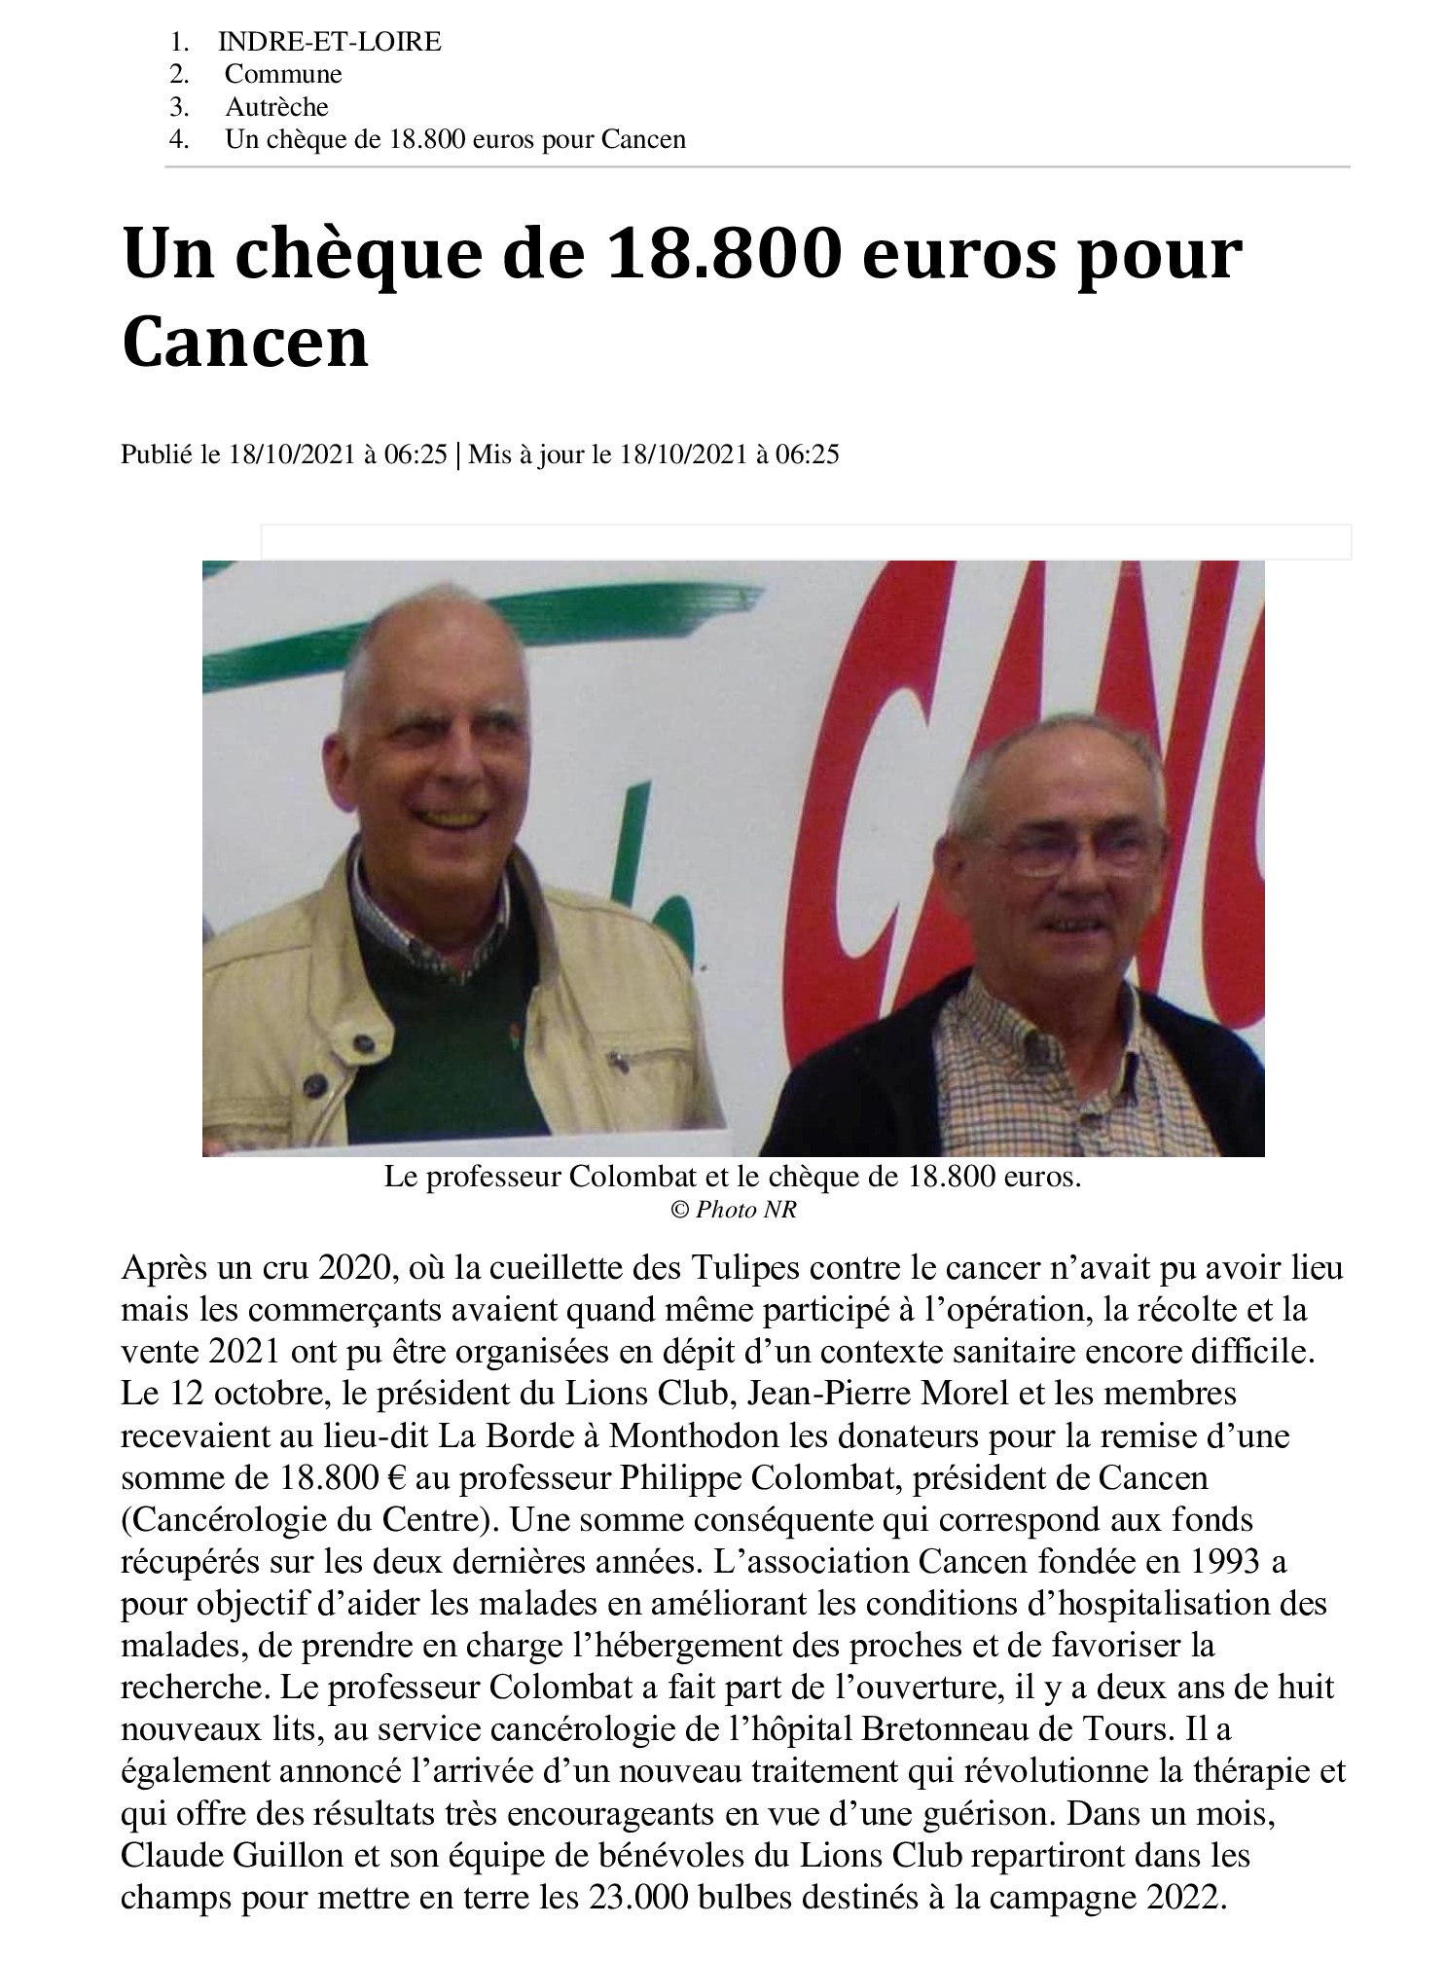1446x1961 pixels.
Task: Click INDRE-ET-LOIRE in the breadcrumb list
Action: [330, 42]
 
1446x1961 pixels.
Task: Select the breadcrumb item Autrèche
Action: [276, 107]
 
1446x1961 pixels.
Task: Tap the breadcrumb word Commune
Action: [283, 74]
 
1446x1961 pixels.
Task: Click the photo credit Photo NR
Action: [741, 1210]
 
